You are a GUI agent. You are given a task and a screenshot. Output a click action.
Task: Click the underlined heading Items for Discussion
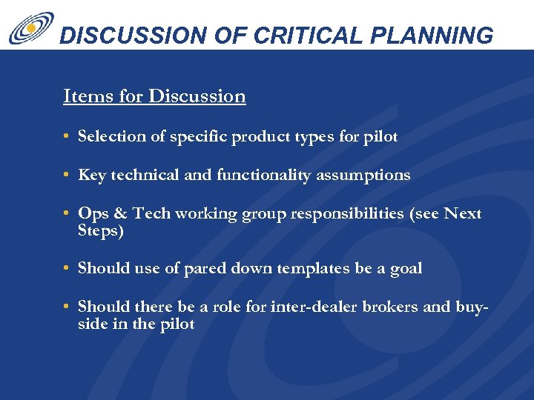(x=154, y=96)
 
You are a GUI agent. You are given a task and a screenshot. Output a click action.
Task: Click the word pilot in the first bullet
(x=380, y=136)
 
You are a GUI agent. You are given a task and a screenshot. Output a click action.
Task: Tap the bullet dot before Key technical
(x=67, y=176)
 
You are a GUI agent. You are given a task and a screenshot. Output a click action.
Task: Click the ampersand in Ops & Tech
(x=119, y=214)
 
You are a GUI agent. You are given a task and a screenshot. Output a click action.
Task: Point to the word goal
(x=405, y=268)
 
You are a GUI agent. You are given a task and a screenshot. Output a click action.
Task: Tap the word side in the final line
(x=92, y=324)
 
